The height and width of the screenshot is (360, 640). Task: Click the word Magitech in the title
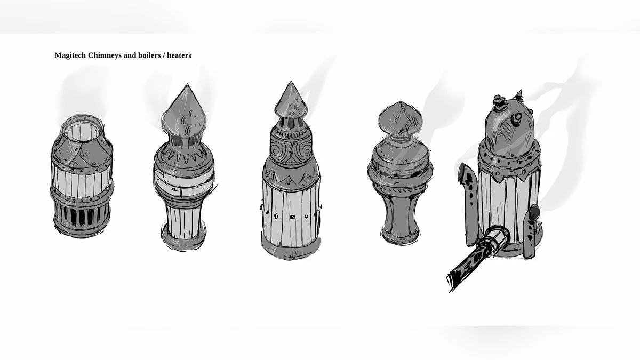point(70,55)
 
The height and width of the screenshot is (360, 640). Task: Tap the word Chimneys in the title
point(105,55)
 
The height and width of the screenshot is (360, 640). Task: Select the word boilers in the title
point(149,55)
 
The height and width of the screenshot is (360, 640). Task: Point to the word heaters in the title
point(179,55)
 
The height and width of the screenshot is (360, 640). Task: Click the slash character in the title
point(164,55)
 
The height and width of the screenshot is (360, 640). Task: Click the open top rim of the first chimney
point(82,118)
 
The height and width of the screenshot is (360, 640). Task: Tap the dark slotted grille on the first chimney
point(82,215)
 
